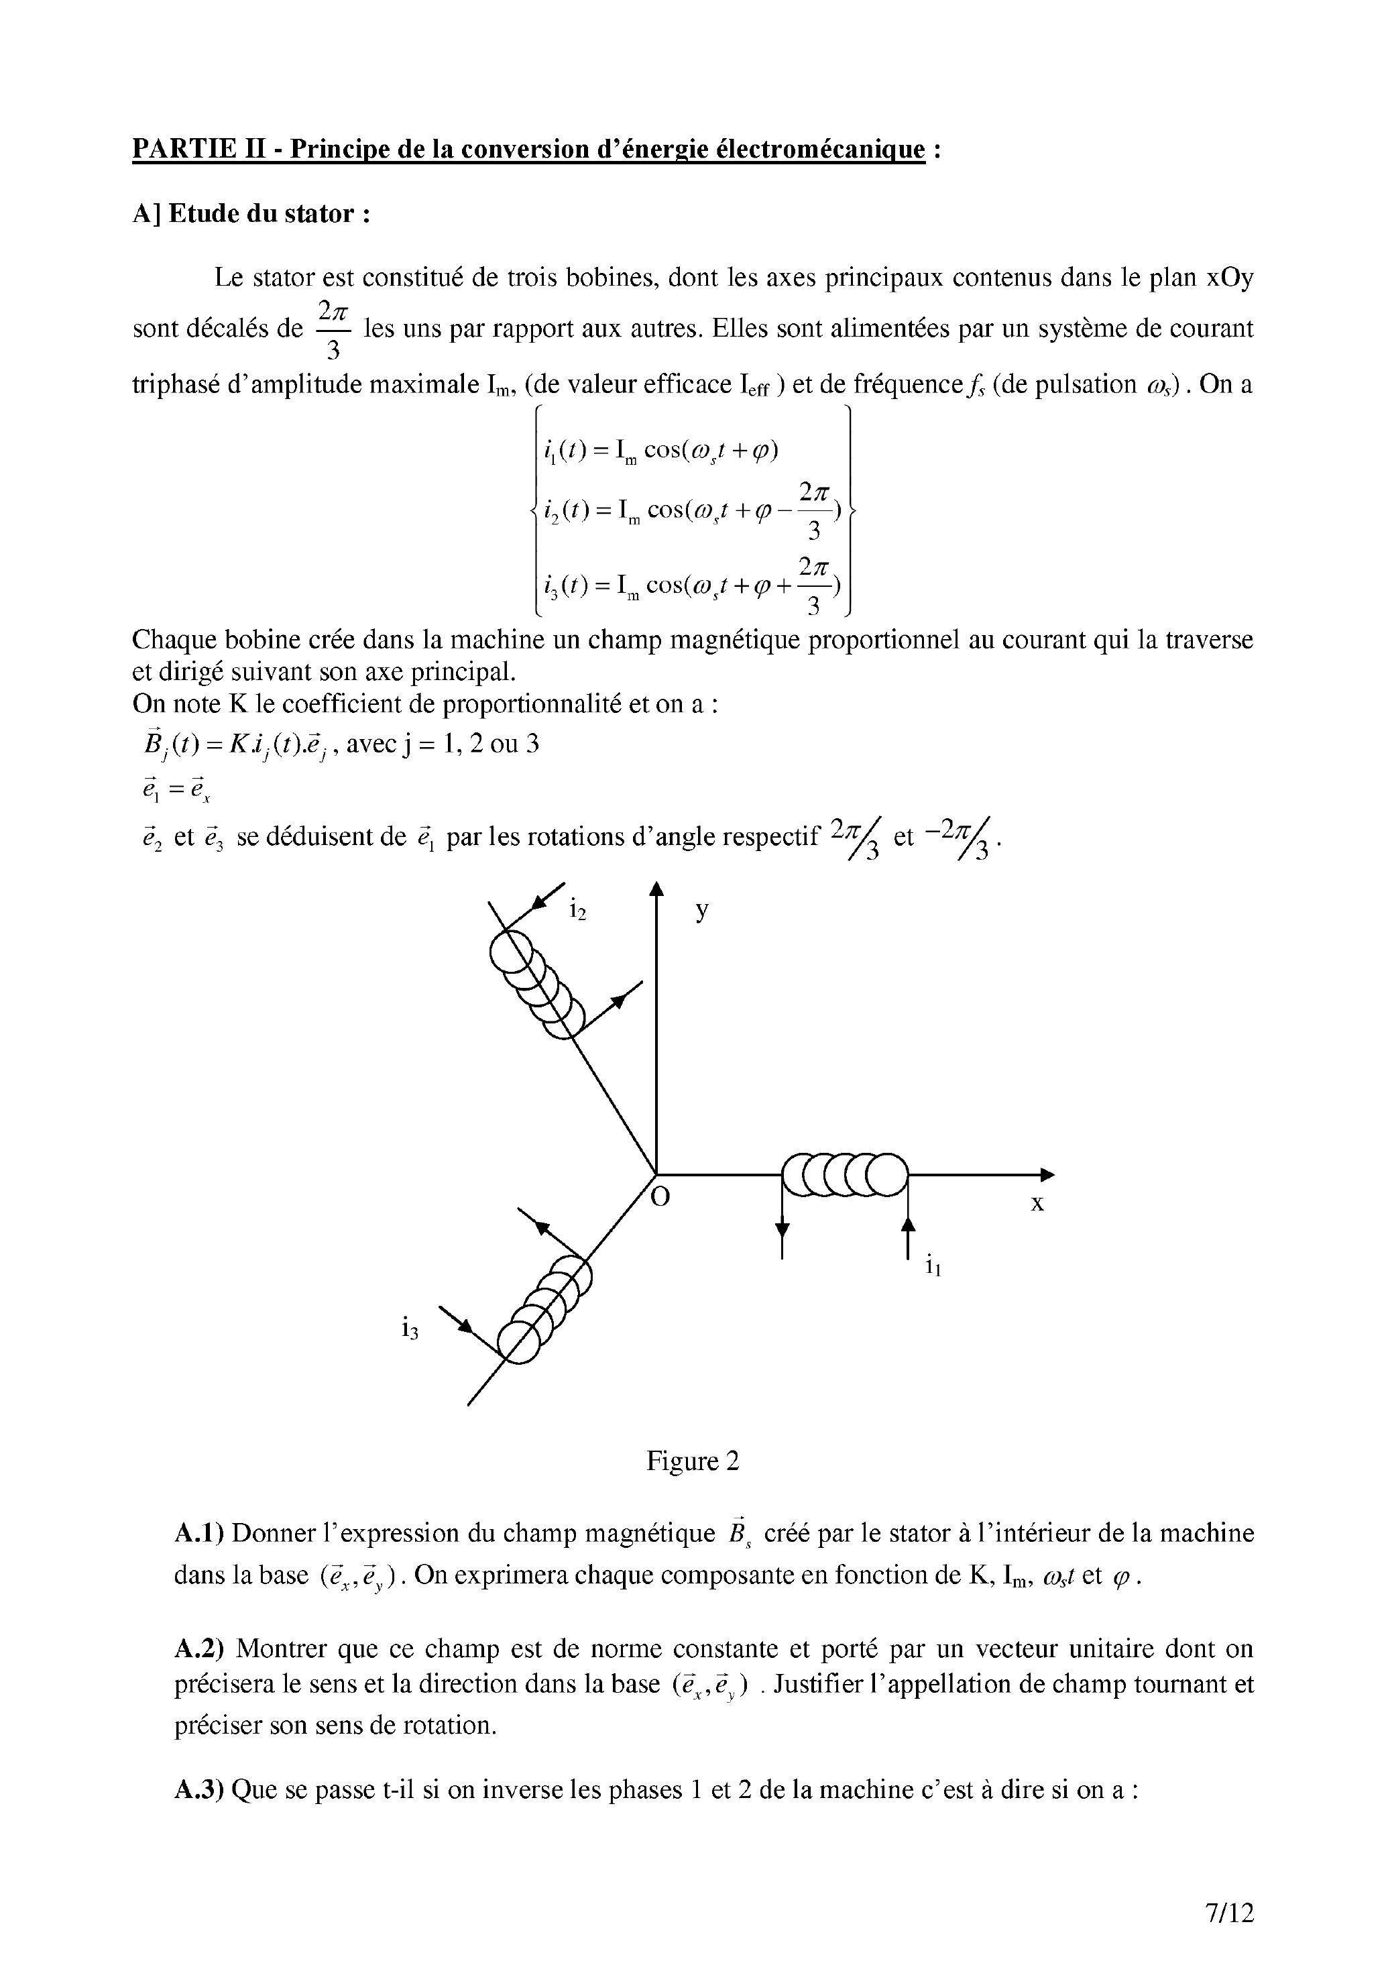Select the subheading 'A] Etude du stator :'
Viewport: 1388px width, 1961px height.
(x=252, y=214)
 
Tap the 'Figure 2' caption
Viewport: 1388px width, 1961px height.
(x=692, y=1461)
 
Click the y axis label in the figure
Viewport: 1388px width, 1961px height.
(x=701, y=909)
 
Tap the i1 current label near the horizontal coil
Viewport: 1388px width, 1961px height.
(x=933, y=1266)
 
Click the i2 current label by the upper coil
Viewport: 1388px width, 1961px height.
(x=579, y=911)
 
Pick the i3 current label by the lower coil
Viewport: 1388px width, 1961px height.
(x=410, y=1329)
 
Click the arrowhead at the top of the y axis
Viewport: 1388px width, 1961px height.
(x=656, y=890)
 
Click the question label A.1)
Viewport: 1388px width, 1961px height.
(x=198, y=1532)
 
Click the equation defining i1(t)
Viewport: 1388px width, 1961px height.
(x=660, y=451)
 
